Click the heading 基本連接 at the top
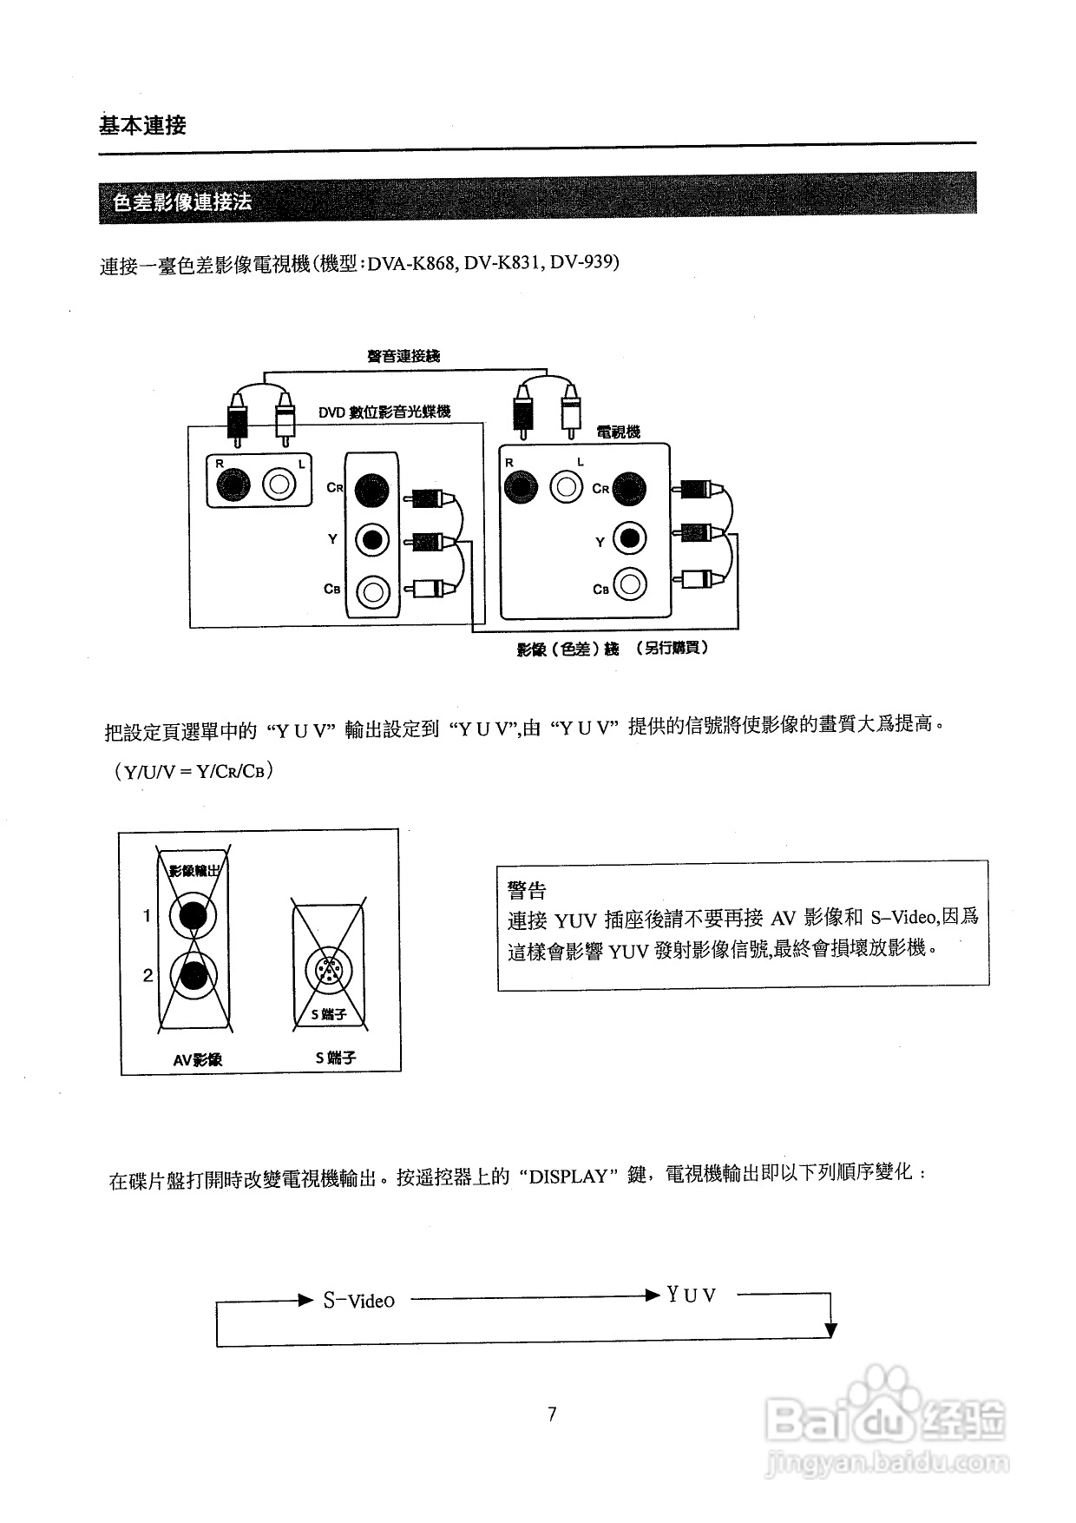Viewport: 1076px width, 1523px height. (x=142, y=125)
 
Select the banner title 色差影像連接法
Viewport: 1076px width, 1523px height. (x=182, y=202)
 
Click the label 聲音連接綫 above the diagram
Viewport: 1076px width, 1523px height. (x=403, y=356)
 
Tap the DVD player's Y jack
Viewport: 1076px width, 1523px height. (x=372, y=540)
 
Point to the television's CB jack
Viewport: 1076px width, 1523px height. (x=629, y=584)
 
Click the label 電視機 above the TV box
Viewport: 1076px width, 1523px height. (x=618, y=432)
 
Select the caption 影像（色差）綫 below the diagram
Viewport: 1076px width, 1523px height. (x=568, y=649)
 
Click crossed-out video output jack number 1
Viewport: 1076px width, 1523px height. (x=193, y=915)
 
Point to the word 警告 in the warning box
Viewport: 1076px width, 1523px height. (x=527, y=890)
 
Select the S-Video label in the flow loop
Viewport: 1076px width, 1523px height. (x=358, y=1300)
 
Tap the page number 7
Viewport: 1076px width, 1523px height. (x=552, y=1414)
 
